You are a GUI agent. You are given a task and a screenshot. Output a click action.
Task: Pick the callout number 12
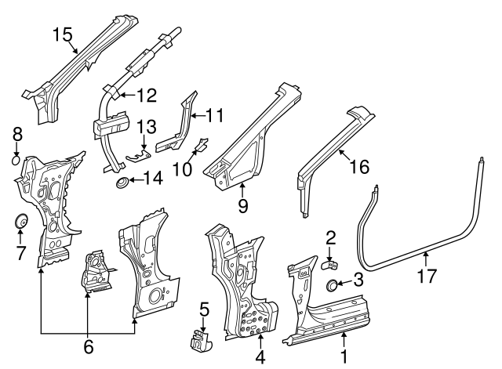point(147,96)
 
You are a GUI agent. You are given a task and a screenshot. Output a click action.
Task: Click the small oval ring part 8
point(17,161)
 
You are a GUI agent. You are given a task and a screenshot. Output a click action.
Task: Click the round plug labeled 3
point(333,283)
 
